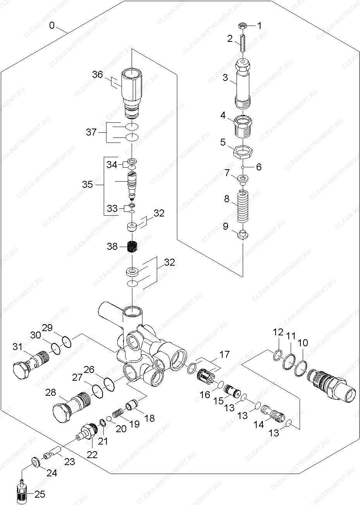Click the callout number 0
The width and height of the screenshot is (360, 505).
[x=52, y=26]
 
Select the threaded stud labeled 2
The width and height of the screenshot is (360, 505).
[x=242, y=43]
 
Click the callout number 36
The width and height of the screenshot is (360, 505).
[x=97, y=74]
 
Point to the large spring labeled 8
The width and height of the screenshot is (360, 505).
[x=243, y=206]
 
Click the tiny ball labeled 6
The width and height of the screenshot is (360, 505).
[x=243, y=167]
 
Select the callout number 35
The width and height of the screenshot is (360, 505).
[x=87, y=184]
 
